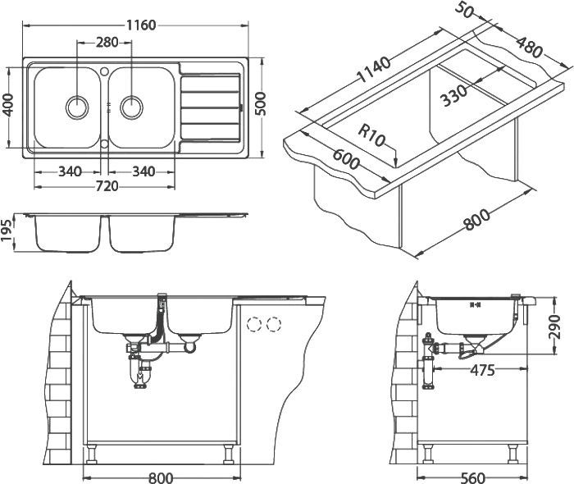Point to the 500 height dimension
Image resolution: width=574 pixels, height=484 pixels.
tap(262, 105)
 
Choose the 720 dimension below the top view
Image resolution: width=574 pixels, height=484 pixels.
tap(107, 186)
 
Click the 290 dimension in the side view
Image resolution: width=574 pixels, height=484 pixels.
tap(554, 330)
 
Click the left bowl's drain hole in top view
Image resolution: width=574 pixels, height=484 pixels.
tap(78, 106)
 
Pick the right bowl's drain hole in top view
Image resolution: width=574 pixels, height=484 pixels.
tap(131, 106)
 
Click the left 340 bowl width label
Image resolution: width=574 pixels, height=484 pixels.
tap(70, 171)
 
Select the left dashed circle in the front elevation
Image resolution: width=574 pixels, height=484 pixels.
tap(255, 323)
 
